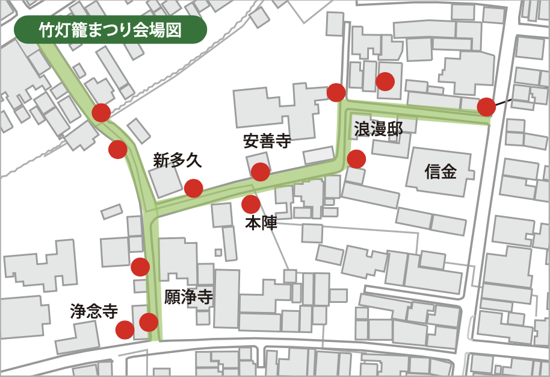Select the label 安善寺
[x=267, y=141]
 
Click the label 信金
[x=440, y=172]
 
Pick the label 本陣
[x=261, y=223]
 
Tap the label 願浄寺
[x=189, y=297]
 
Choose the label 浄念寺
[x=93, y=311]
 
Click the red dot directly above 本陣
[x=251, y=204]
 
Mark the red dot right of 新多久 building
[x=193, y=188]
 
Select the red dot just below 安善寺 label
[x=260, y=172]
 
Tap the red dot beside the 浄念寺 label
[x=125, y=329]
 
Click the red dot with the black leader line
[x=486, y=107]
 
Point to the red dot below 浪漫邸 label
[x=356, y=159]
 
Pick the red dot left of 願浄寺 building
[x=140, y=266]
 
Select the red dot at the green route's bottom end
[x=149, y=322]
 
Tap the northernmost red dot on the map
[x=385, y=81]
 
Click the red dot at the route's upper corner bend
[x=336, y=92]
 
